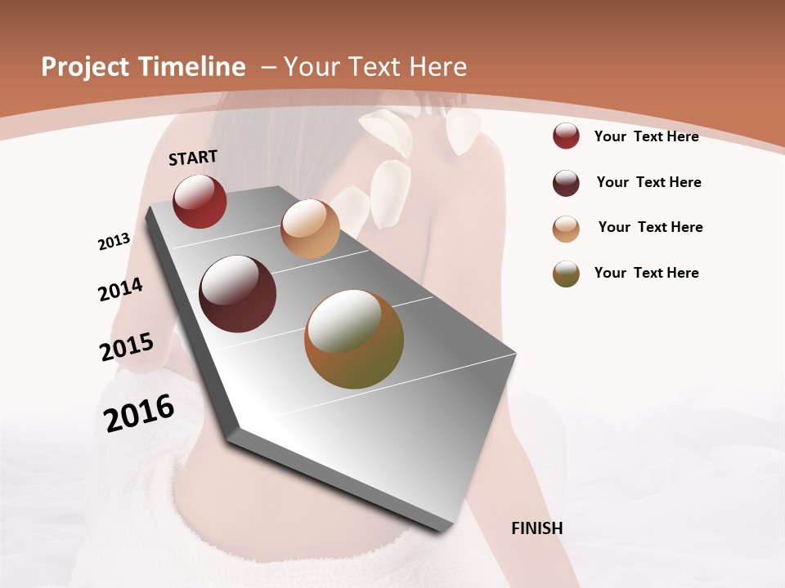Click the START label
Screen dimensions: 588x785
pyautogui.click(x=193, y=157)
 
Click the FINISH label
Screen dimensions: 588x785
pyautogui.click(x=536, y=528)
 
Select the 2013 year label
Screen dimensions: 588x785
pyautogui.click(x=114, y=241)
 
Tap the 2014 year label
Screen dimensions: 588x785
pyautogui.click(x=120, y=289)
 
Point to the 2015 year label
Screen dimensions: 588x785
pyautogui.click(x=127, y=347)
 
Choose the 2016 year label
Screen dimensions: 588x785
pyautogui.click(x=139, y=412)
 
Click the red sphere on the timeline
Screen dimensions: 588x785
pyautogui.click(x=200, y=201)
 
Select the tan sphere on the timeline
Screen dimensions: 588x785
pyautogui.click(x=310, y=229)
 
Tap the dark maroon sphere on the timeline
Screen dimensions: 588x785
pyautogui.click(x=238, y=294)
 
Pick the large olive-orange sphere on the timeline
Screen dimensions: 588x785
pyautogui.click(x=354, y=339)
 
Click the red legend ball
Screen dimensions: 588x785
pyautogui.click(x=566, y=136)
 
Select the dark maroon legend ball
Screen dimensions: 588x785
pyautogui.click(x=566, y=183)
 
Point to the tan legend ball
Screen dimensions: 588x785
pyautogui.click(x=566, y=229)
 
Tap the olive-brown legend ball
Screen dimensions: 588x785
pyautogui.click(x=566, y=274)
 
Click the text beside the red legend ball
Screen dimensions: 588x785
pyautogui.click(x=646, y=136)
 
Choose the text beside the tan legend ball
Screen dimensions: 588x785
pyautogui.click(x=650, y=227)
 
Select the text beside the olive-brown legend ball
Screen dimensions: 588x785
pyautogui.click(x=646, y=273)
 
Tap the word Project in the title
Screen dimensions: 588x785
pyautogui.click(x=85, y=67)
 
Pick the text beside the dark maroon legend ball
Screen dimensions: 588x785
pyautogui.click(x=648, y=182)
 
